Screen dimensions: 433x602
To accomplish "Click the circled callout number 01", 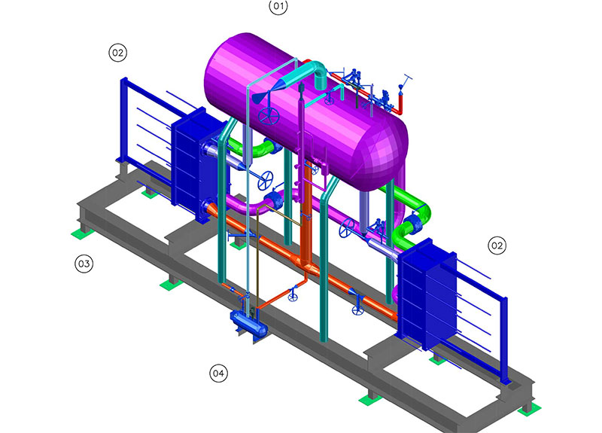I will pyautogui.click(x=278, y=7).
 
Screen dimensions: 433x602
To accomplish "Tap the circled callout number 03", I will pyautogui.click(x=84, y=264).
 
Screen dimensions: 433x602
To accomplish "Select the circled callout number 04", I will pyautogui.click(x=218, y=373).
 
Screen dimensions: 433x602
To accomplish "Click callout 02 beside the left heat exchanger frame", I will pyautogui.click(x=118, y=53).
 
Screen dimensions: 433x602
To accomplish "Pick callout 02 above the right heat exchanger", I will pyautogui.click(x=497, y=245).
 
